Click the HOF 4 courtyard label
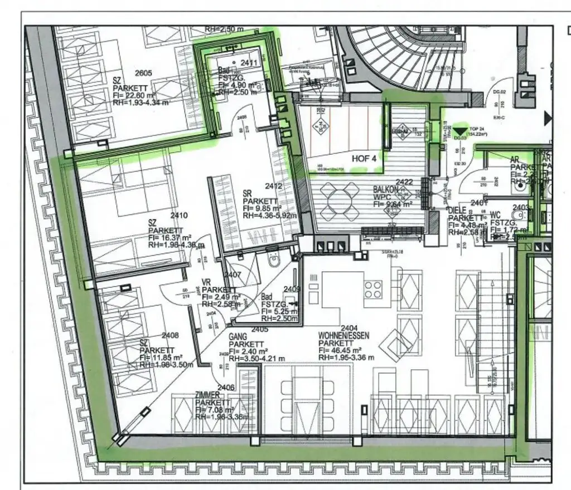[x=364, y=158]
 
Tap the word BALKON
[x=386, y=190]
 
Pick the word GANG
[x=238, y=337]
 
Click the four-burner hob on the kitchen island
[x=373, y=290]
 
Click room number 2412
[x=274, y=186]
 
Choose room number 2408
[x=170, y=336]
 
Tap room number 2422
[x=404, y=182]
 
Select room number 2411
[x=249, y=63]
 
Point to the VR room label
[x=206, y=283]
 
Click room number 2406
[x=225, y=388]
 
